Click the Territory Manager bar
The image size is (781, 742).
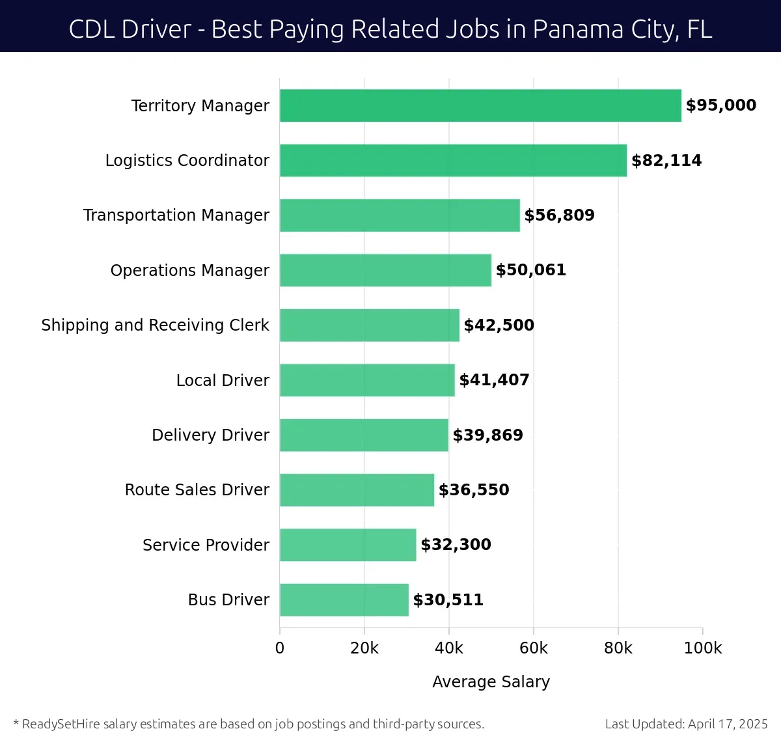[480, 105]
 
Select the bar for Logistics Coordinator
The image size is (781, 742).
[453, 161]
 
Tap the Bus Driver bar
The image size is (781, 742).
[344, 600]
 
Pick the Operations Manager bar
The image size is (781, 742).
[385, 270]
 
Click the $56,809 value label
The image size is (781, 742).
[559, 215]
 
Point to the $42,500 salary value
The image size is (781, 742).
[499, 325]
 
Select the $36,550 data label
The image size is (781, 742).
[474, 490]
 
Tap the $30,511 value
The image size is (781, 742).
[448, 600]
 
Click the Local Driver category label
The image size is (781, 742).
[223, 380]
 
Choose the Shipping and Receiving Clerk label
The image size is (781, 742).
[155, 325]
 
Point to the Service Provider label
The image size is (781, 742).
[206, 545]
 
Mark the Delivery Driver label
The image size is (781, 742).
[210, 435]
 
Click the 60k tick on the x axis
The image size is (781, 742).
[534, 648]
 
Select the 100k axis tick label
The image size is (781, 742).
[703, 648]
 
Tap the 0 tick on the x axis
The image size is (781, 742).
[280, 648]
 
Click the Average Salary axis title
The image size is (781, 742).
[491, 681]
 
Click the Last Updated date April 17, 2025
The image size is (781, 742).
[728, 724]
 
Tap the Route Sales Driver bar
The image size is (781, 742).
[357, 490]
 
